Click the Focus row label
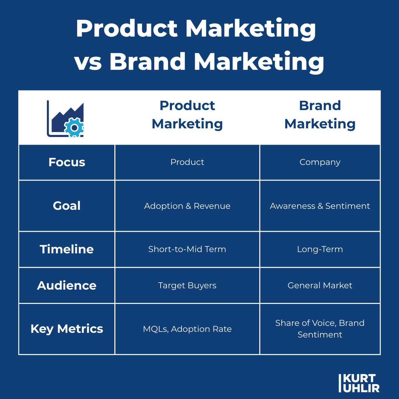pyautogui.click(x=67, y=162)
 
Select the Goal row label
pyautogui.click(x=67, y=206)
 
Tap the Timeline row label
pyautogui.click(x=67, y=249)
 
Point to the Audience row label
pyautogui.click(x=67, y=286)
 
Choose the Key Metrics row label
pyautogui.click(x=67, y=329)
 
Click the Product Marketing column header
pyautogui.click(x=187, y=115)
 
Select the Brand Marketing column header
pyautogui.click(x=320, y=115)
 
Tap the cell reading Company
pyautogui.click(x=320, y=162)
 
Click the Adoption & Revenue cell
pyautogui.click(x=187, y=206)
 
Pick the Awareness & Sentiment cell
pyautogui.click(x=320, y=206)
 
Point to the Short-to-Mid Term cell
pyautogui.click(x=187, y=249)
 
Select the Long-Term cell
pyautogui.click(x=320, y=249)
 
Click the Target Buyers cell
pyautogui.click(x=187, y=286)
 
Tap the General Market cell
pyautogui.click(x=320, y=286)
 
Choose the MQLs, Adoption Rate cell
pyautogui.click(x=187, y=329)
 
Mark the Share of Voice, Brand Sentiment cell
pyautogui.click(x=320, y=329)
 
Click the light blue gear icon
pyautogui.click(x=74, y=127)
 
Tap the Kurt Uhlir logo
pyautogui.click(x=359, y=383)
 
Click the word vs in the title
pyautogui.click(x=88, y=62)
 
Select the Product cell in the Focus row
pyautogui.click(x=187, y=162)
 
